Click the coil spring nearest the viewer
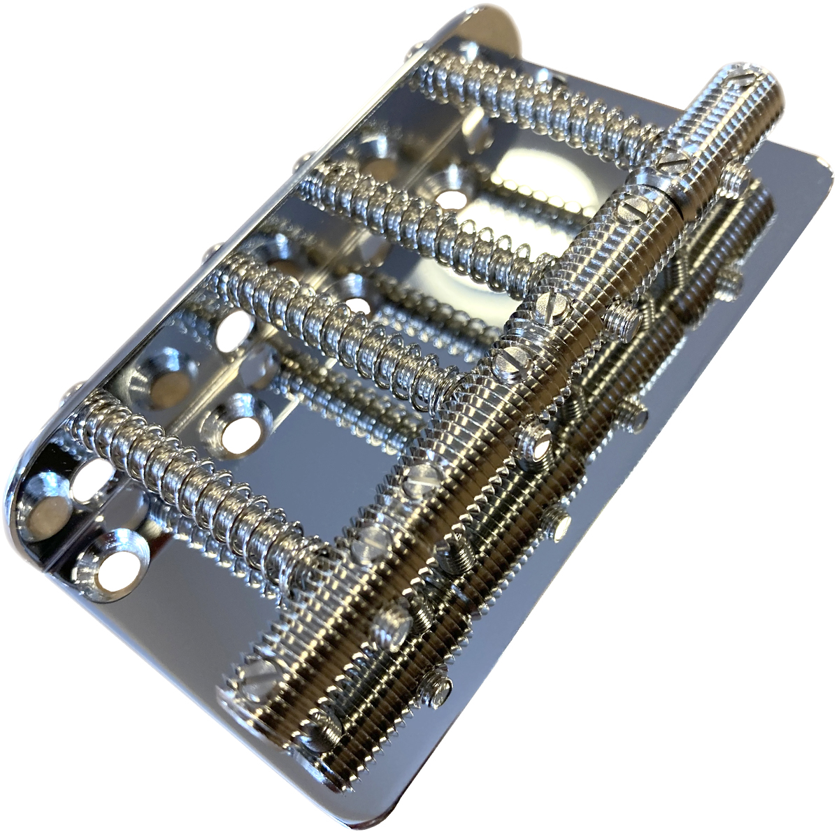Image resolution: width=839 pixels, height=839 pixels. [189, 482]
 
